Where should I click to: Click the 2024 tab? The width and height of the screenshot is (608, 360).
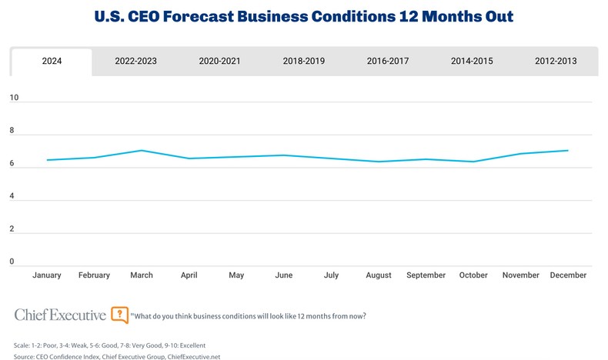click(52, 62)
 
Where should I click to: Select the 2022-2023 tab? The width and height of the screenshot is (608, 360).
click(135, 62)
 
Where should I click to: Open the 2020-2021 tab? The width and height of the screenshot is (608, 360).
click(220, 62)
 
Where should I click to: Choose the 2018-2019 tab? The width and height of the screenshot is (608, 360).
click(304, 62)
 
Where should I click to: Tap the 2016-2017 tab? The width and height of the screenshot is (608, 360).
click(388, 62)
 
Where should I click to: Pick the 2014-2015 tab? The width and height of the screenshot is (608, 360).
click(472, 62)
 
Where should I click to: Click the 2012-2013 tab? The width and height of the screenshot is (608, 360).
click(556, 62)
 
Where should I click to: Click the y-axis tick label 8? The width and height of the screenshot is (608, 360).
click(12, 132)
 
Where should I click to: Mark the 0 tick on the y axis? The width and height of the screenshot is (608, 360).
click(12, 262)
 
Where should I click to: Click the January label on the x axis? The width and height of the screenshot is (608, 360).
click(47, 275)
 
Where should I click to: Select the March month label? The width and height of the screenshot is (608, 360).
click(142, 275)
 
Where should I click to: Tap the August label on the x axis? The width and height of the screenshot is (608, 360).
click(379, 275)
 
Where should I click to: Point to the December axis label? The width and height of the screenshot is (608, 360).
click(569, 275)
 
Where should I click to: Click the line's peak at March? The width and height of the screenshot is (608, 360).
click(142, 150)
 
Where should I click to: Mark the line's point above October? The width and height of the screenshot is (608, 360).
click(473, 162)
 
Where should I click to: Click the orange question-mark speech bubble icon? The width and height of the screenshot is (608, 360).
click(119, 315)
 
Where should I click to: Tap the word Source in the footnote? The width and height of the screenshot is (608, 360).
click(25, 356)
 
